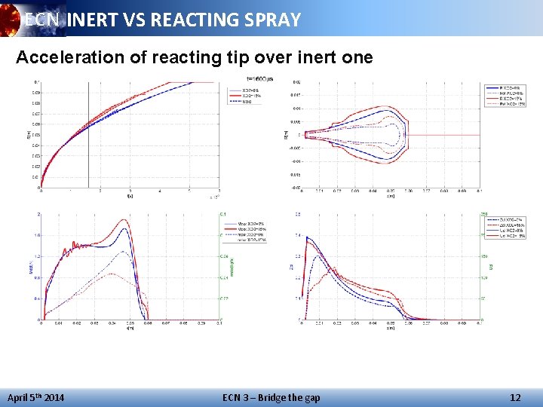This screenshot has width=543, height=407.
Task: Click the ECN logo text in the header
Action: point(41,20)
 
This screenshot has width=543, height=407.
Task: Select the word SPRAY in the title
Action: point(271,20)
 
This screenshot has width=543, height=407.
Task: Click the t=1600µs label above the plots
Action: point(260,78)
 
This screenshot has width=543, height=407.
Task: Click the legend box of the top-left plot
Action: point(246,96)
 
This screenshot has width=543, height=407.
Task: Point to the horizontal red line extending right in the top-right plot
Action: point(445,135)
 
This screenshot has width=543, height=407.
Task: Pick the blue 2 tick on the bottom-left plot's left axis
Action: point(38,214)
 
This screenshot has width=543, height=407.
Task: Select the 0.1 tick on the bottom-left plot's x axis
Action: point(219,324)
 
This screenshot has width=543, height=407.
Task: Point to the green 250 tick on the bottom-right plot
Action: point(485,214)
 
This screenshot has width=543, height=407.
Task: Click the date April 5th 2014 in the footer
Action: point(35,397)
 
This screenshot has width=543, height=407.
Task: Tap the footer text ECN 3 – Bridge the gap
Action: point(271,397)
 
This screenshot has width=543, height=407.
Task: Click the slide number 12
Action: point(515,397)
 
